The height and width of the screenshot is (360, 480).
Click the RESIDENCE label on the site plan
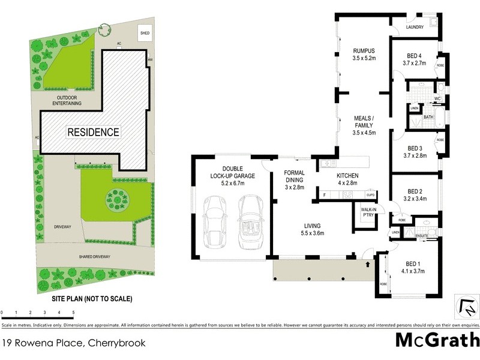pyautogui.click(x=92, y=132)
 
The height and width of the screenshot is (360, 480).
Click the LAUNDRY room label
pyautogui.click(x=415, y=28)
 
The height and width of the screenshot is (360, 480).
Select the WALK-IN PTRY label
pyautogui.click(x=368, y=213)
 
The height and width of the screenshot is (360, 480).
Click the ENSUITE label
pyautogui.click(x=424, y=236)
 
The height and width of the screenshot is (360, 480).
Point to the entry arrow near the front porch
pyautogui.click(x=367, y=263)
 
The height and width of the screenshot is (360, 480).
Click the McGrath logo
pyautogui.click(x=437, y=340)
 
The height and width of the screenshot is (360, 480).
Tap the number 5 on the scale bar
pyautogui.click(x=73, y=313)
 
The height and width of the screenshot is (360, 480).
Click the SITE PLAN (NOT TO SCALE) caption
pyautogui.click(x=90, y=298)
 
